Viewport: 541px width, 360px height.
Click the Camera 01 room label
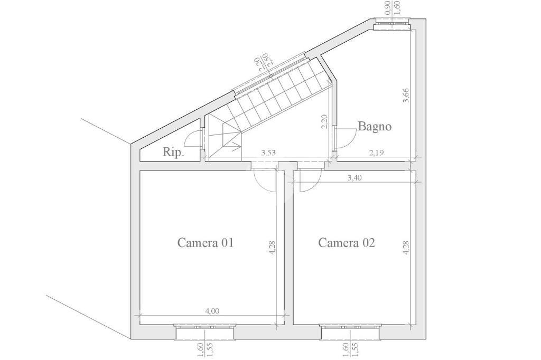[206, 243]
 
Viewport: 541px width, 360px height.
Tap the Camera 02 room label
[347, 243]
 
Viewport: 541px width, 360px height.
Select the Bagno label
[375, 127]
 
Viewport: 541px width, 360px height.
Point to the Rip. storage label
[173, 152]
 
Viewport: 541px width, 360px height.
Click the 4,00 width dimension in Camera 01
[212, 311]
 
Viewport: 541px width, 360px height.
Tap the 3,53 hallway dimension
[268, 153]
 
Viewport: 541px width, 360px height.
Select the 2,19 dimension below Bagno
[376, 153]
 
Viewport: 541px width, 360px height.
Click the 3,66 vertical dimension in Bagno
[406, 96]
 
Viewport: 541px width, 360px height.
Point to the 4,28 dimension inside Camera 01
[272, 247]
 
